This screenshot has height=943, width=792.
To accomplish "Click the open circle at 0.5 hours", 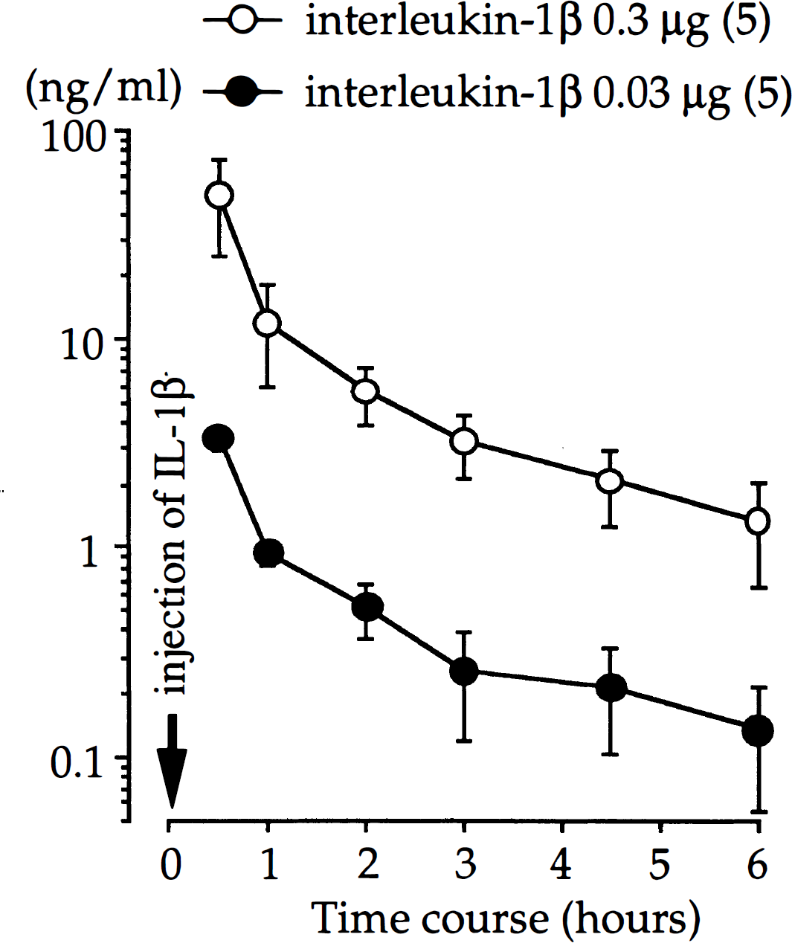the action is coord(219,195).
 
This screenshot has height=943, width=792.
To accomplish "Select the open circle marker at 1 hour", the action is coord(267,324).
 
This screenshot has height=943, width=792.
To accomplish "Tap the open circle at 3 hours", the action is coord(464,441).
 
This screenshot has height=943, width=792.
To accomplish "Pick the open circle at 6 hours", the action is coord(758,521).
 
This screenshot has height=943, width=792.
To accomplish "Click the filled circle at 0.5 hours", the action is coord(219,439).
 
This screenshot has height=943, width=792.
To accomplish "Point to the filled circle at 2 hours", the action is coord(367,607).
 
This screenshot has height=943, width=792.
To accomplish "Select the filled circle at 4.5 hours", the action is coord(611,688).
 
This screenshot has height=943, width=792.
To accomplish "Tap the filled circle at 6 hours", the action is coord(758,731).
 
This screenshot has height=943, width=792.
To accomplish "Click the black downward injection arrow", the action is coord(172,761).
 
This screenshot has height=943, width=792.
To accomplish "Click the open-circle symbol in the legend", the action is coord(243,20).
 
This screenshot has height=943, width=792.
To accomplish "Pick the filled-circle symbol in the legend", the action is coord(243,91).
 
